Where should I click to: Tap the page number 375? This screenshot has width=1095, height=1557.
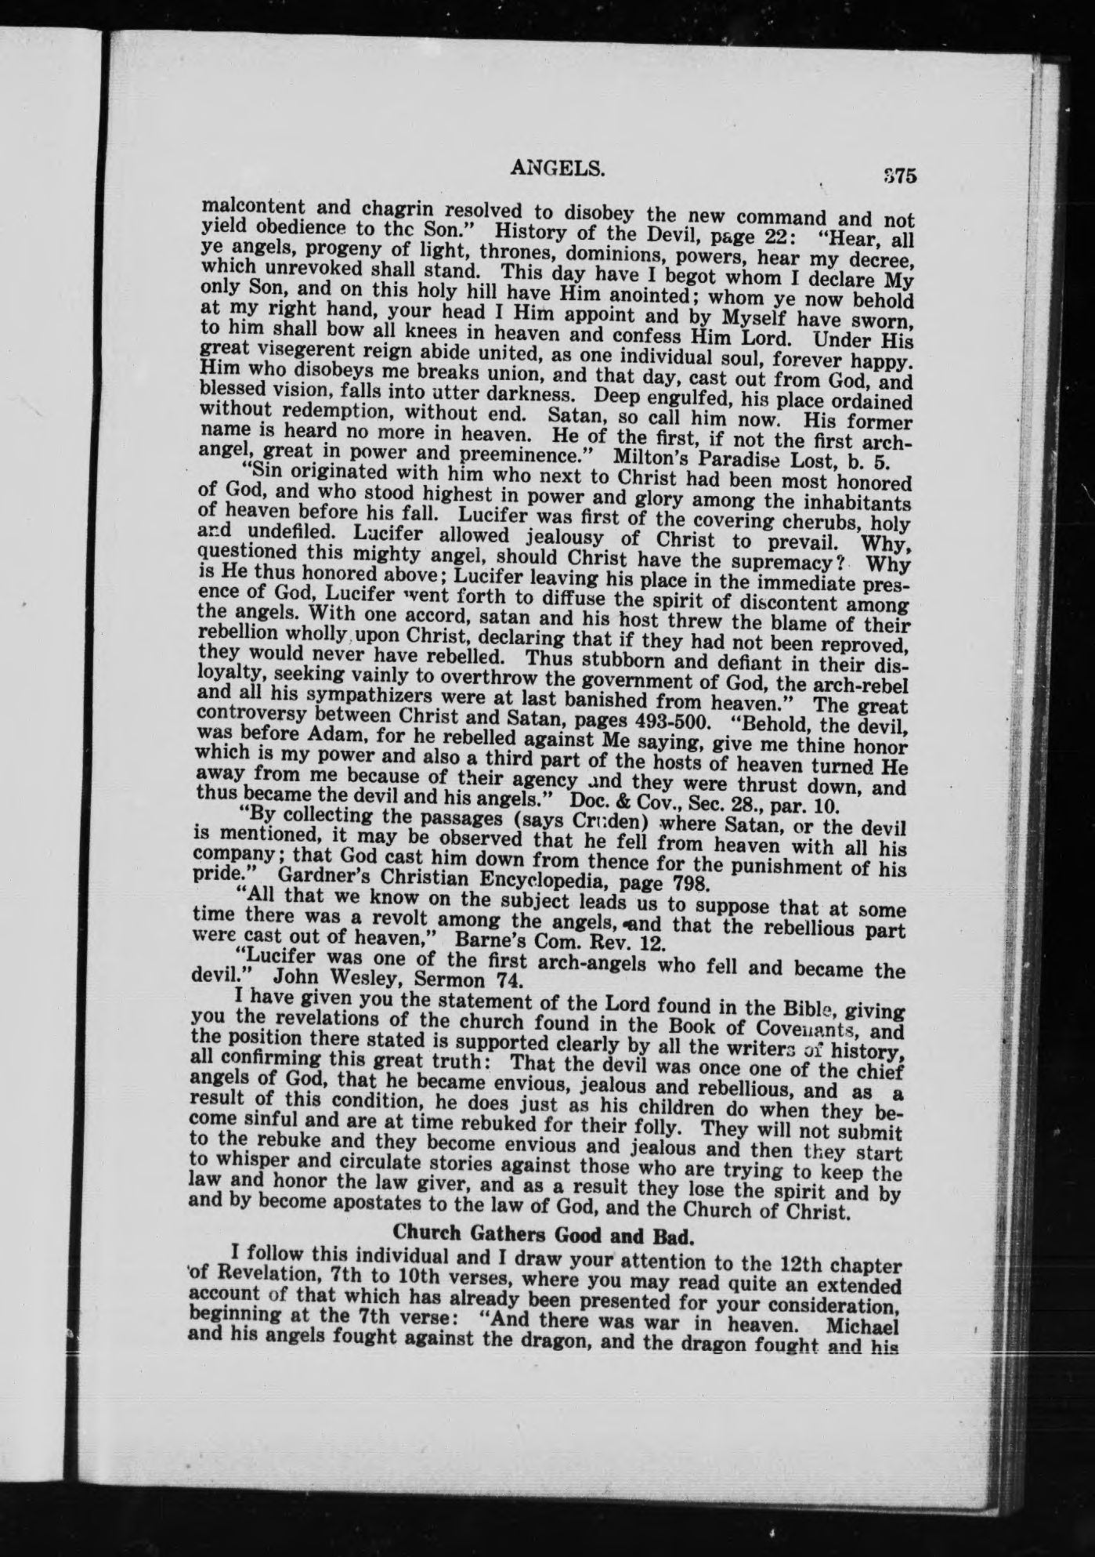898,176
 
